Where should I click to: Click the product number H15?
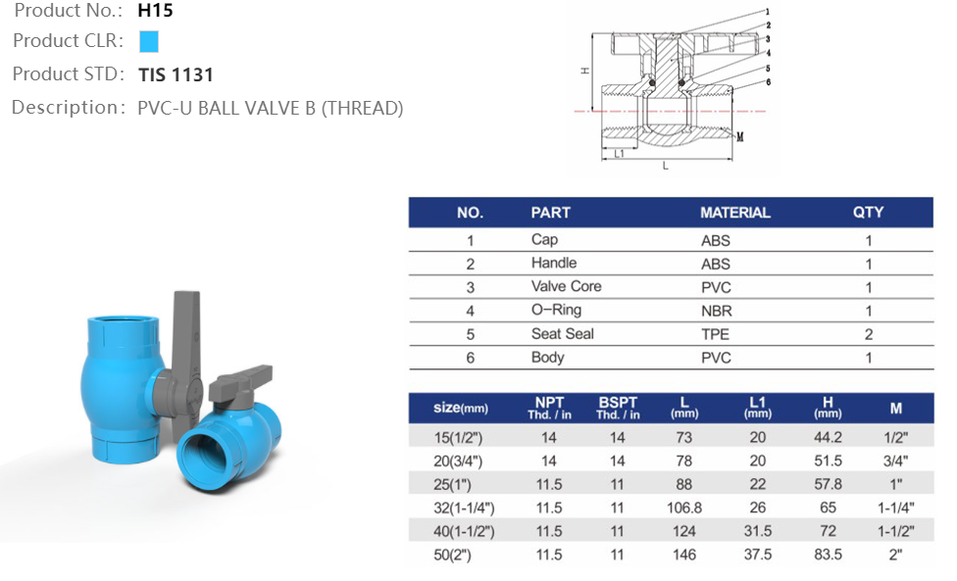tap(155, 12)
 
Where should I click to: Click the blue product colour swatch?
tap(149, 42)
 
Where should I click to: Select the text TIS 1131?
tap(176, 74)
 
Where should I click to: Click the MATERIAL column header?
tap(734, 213)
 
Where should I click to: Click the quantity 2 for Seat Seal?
tap(868, 334)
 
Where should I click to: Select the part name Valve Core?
tap(566, 287)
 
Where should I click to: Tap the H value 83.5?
tap(829, 555)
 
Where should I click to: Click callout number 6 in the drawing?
tap(769, 82)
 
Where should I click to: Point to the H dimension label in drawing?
tap(582, 71)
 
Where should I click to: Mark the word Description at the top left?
tap(66, 107)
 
